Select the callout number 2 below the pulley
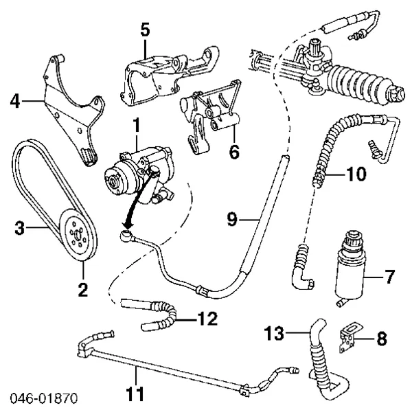(x=83, y=290)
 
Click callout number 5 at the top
(x=145, y=30)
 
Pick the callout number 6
(x=234, y=151)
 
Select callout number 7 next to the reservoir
(x=389, y=277)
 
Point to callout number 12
(x=207, y=319)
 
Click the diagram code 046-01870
(x=43, y=398)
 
